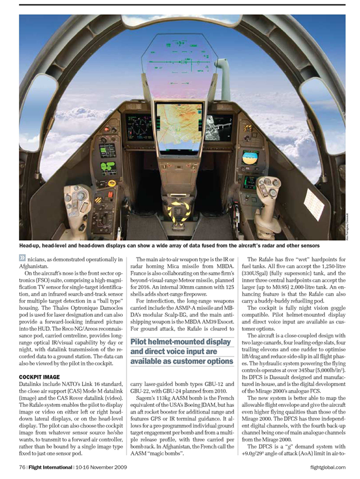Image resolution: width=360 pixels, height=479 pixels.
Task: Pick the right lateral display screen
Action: coord(219,127)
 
